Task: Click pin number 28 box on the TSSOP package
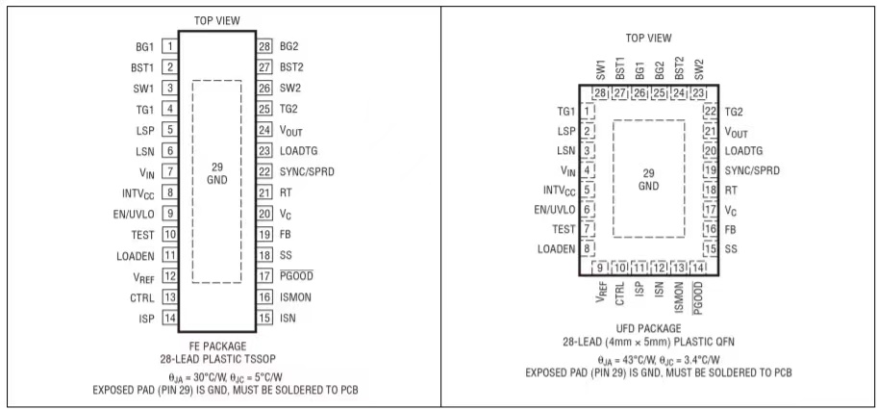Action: tap(263, 46)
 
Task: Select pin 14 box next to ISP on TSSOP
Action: tap(169, 319)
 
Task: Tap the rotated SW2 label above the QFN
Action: tap(698, 68)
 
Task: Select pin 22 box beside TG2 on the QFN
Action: tap(711, 113)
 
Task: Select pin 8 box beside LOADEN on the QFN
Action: tap(586, 248)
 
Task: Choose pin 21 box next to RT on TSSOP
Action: tap(263, 192)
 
